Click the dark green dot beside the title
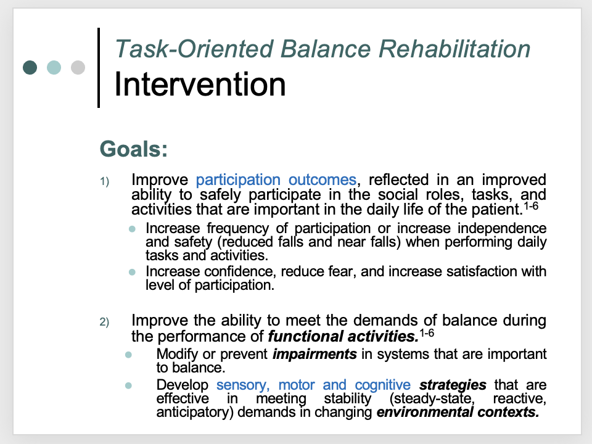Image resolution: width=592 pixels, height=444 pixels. pyautogui.click(x=30, y=68)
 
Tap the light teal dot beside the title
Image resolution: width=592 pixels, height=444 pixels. pyautogui.click(x=54, y=68)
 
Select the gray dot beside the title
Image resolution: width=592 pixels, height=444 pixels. pyautogui.click(x=78, y=68)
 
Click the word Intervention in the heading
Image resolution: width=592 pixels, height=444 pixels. pyautogui.click(x=200, y=84)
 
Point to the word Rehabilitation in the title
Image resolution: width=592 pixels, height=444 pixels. pyautogui.click(x=454, y=49)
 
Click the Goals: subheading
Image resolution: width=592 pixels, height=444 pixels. pyautogui.click(x=134, y=149)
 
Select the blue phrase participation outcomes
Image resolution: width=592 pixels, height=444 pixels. pyautogui.click(x=276, y=180)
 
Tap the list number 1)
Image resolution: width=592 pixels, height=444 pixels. pyautogui.click(x=105, y=181)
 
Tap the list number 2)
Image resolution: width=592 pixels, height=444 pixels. pyautogui.click(x=105, y=322)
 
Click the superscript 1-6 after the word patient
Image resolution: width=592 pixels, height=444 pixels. pyautogui.click(x=531, y=206)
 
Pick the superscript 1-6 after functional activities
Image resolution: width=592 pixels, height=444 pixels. pyautogui.click(x=427, y=333)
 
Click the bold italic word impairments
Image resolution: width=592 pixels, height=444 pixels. pyautogui.click(x=314, y=354)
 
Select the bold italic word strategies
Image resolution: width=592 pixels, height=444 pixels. pyautogui.click(x=453, y=385)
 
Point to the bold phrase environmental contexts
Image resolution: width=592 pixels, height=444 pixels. pyautogui.click(x=458, y=412)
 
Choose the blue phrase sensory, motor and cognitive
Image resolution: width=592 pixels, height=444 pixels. pyautogui.click(x=313, y=385)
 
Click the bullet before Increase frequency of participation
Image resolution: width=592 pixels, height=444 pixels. pyautogui.click(x=132, y=229)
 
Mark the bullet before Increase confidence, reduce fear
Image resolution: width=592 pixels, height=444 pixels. pyautogui.click(x=132, y=272)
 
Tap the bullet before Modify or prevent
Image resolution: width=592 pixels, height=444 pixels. pyautogui.click(x=128, y=355)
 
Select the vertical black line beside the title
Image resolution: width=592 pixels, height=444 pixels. pyautogui.click(x=99, y=68)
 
